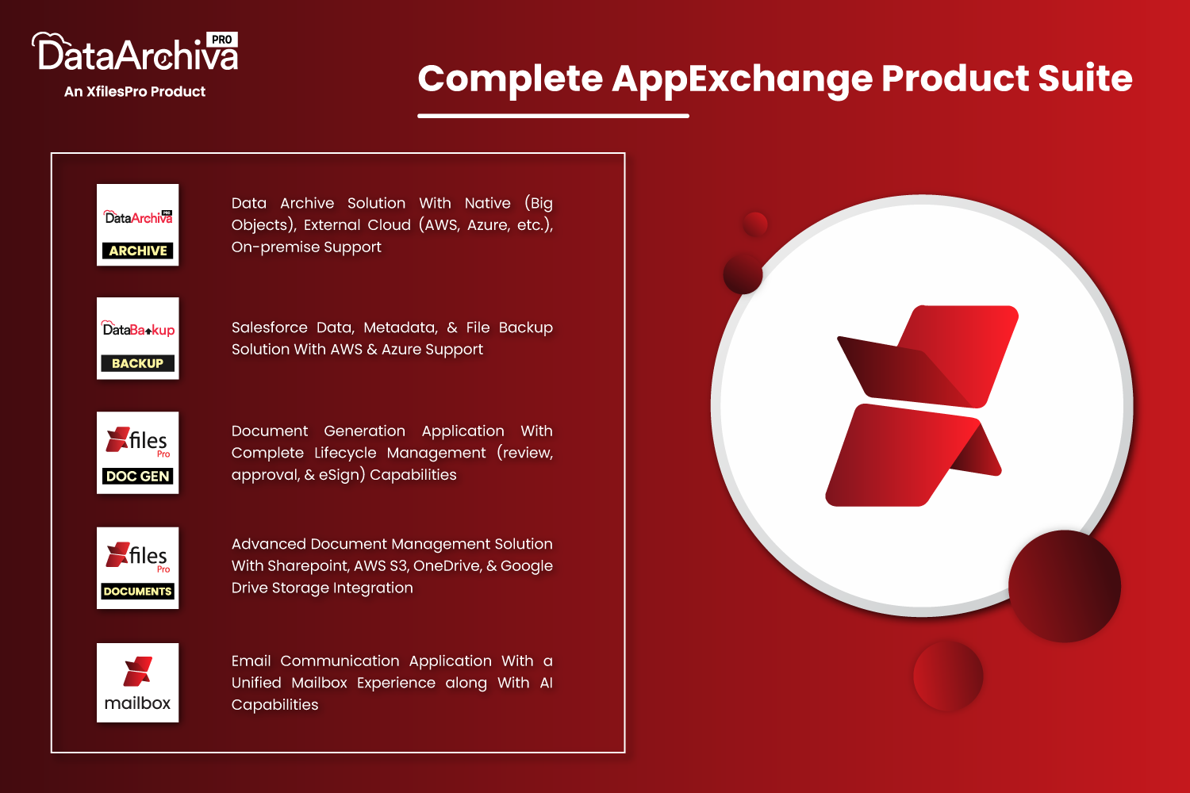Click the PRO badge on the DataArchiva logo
(x=221, y=40)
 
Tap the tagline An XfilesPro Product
(x=134, y=91)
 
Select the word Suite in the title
(x=1085, y=78)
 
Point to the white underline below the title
(x=553, y=115)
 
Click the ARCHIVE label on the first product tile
(x=137, y=250)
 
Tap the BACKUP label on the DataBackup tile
(x=137, y=363)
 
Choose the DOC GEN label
(x=137, y=476)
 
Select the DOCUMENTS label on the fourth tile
(x=137, y=591)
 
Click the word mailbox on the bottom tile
(x=137, y=703)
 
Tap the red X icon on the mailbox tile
(x=137, y=672)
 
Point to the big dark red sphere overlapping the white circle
(x=1065, y=586)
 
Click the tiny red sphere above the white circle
(x=755, y=224)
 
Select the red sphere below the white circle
(x=948, y=676)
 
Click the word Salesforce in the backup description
(x=270, y=328)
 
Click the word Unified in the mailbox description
(x=256, y=683)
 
